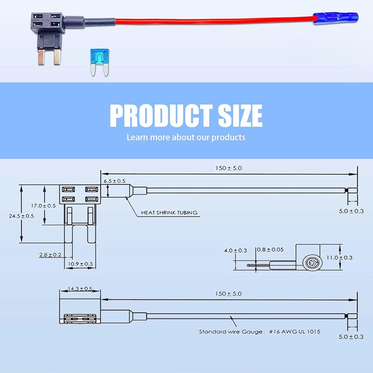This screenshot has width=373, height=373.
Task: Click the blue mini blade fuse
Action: pos(100,62)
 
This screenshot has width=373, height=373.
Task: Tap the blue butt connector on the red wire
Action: pos(335,18)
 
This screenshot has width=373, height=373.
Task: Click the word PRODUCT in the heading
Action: pos(161,116)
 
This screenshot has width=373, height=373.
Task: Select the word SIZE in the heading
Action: pos(240,116)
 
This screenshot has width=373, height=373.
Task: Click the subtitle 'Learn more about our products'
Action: pos(186,137)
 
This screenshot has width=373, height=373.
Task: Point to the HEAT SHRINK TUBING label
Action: pos(169,213)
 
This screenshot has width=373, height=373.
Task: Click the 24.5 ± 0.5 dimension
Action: pos(21,216)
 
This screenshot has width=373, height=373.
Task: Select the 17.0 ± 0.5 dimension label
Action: pos(43,206)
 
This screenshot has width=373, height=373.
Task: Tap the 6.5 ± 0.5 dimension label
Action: pos(115,181)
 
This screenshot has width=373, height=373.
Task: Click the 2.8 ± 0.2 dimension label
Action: pos(50,255)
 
